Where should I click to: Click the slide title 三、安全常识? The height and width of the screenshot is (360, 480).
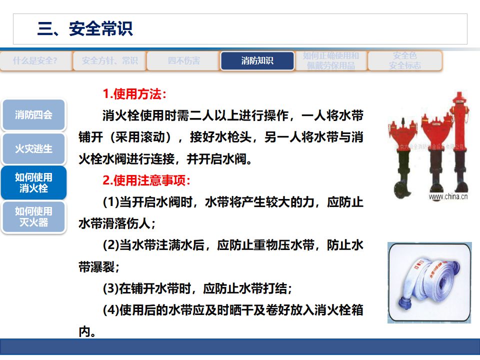[85, 28]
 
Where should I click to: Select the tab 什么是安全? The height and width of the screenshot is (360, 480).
[35, 61]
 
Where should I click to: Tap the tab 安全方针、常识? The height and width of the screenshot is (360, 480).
[109, 61]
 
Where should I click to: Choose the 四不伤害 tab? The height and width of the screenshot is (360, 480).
[183, 61]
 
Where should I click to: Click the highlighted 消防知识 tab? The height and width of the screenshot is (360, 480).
[257, 61]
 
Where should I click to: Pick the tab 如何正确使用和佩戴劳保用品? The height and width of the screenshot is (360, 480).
[330, 60]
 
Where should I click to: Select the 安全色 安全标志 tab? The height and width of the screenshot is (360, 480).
[405, 60]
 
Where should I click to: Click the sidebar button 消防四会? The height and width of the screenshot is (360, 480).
[33, 114]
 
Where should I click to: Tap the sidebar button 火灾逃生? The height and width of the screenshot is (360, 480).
[33, 149]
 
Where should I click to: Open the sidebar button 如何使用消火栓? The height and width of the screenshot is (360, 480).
[33, 182]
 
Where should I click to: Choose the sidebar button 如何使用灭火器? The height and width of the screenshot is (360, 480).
[33, 216]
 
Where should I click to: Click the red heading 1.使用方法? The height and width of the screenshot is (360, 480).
[134, 94]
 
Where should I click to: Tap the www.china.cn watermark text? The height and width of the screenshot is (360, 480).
[448, 196]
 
